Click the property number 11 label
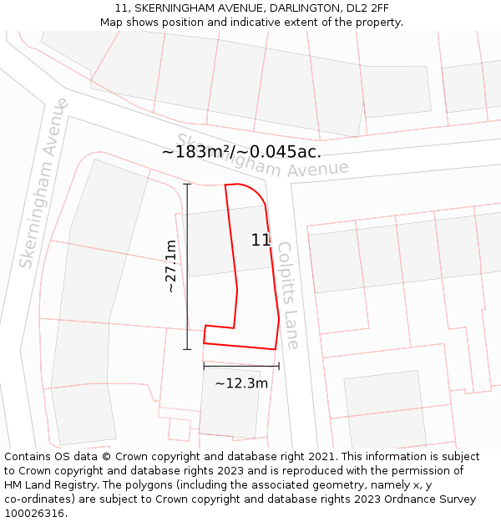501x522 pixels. [x=261, y=241]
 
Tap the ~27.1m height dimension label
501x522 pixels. [x=170, y=266]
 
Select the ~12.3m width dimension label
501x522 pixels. [x=241, y=383]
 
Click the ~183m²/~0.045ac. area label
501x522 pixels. [x=241, y=152]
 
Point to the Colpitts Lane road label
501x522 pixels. [x=287, y=295]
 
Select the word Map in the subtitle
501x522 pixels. [x=111, y=22]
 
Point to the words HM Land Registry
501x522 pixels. [x=48, y=484]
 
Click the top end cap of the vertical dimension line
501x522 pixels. [x=187, y=185]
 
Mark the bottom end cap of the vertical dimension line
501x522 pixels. [x=187, y=349]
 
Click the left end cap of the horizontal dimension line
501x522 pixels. [x=204, y=366]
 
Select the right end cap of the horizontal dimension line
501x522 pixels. [x=279, y=366]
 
